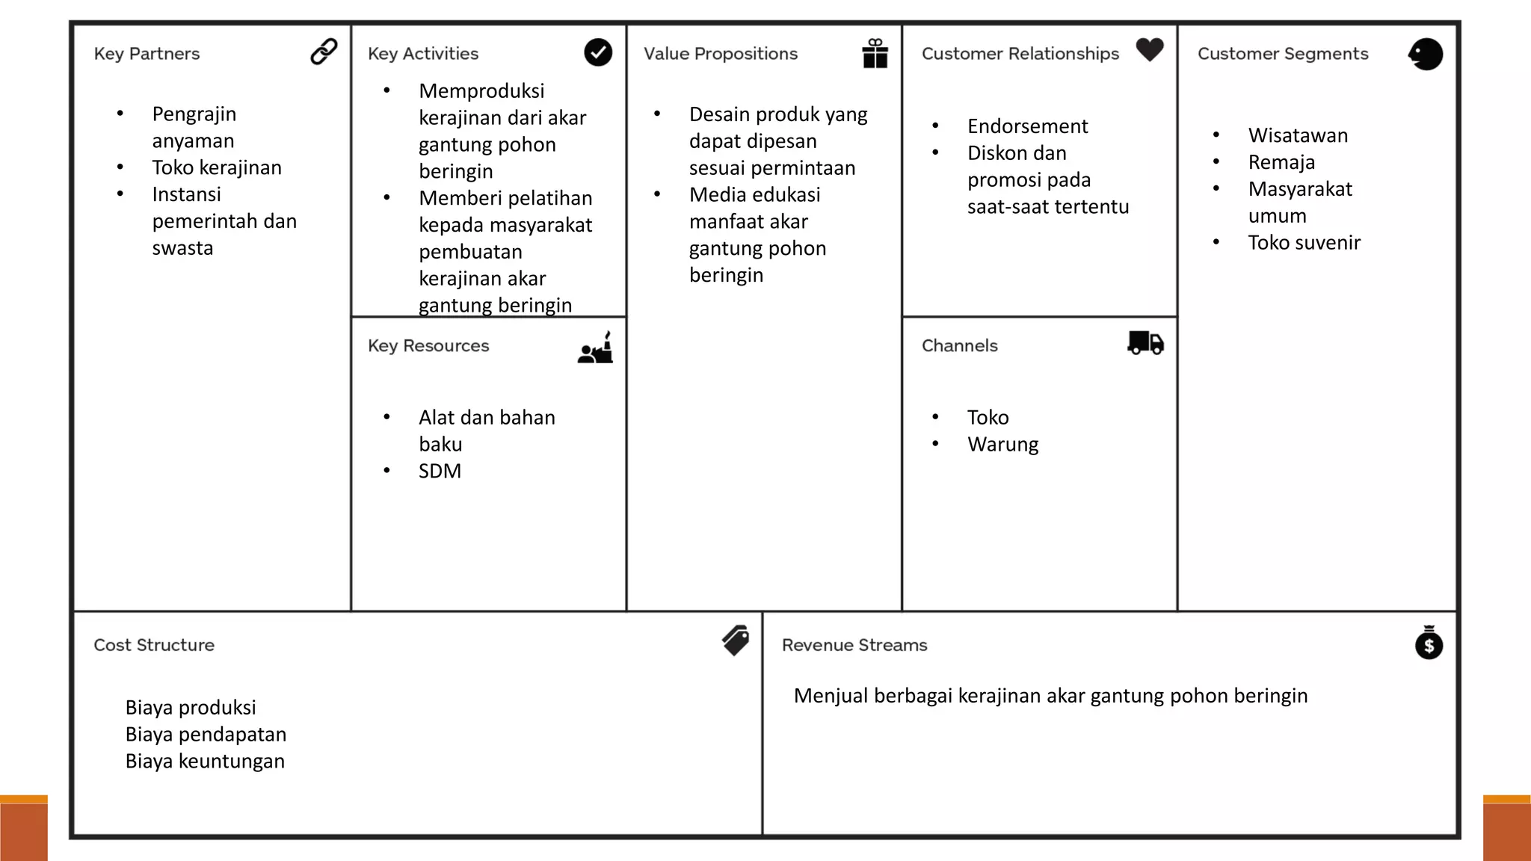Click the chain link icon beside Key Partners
[x=324, y=52]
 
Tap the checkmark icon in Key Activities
[x=598, y=52]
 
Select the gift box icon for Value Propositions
[x=875, y=54]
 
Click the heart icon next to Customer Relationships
[x=1150, y=50]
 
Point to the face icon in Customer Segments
[x=1426, y=54]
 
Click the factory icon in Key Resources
[x=596, y=348]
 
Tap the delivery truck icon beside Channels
[x=1145, y=343]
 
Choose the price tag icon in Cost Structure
[x=736, y=641]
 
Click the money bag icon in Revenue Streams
[x=1429, y=643]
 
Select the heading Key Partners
[x=147, y=54]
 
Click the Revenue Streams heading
[x=854, y=645]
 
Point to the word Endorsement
[x=1027, y=126]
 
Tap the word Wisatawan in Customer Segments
[x=1298, y=135]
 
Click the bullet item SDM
[x=440, y=471]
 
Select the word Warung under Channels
[x=1002, y=445]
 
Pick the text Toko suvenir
[x=1304, y=242]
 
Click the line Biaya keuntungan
[x=205, y=761]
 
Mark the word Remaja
[x=1281, y=162]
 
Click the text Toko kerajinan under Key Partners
[x=217, y=167]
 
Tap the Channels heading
[x=959, y=346]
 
